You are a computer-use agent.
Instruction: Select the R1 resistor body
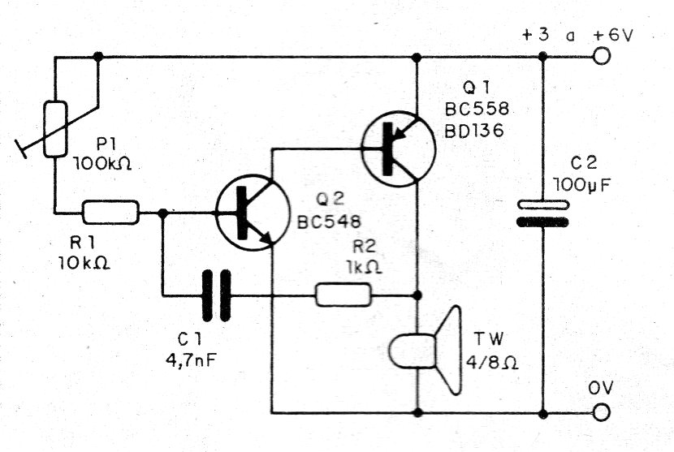tap(111, 213)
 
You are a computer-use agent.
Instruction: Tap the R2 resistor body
tap(343, 295)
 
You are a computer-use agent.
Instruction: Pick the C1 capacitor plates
tap(217, 295)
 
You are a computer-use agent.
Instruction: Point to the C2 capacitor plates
tap(542, 213)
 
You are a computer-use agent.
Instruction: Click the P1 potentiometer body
tap(56, 129)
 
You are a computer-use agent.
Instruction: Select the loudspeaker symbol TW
tap(426, 351)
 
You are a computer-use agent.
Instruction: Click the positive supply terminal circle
tap(602, 56)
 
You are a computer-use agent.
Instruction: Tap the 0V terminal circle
tap(602, 413)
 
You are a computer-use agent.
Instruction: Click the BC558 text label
tap(477, 109)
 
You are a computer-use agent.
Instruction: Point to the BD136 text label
tap(473, 131)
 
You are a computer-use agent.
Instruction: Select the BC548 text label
tap(329, 222)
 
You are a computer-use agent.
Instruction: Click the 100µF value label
tap(582, 185)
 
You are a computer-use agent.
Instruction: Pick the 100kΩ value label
tap(102, 164)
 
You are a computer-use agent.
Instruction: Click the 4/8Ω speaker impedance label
tap(492, 362)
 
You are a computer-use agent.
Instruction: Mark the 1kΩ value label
tap(364, 267)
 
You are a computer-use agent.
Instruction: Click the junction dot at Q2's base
tap(163, 213)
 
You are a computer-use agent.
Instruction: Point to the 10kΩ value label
tap(84, 263)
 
